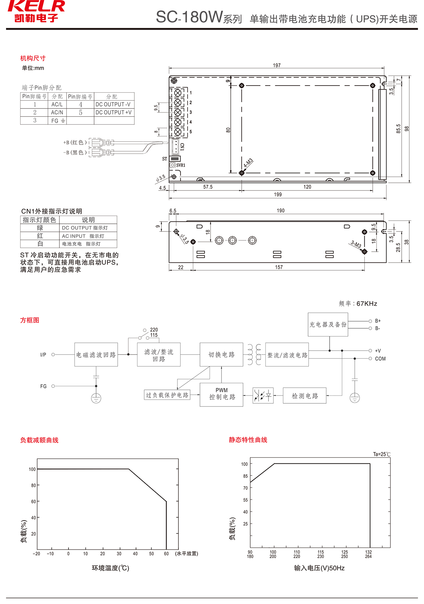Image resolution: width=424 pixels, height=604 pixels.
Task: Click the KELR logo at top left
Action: click(x=36, y=11)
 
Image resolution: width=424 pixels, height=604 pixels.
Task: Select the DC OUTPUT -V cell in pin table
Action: click(x=113, y=104)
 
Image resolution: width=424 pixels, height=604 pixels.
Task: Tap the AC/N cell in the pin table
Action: click(x=57, y=112)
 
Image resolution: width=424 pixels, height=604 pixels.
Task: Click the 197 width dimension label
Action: click(x=277, y=65)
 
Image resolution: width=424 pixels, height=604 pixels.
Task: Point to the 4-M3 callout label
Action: click(x=248, y=163)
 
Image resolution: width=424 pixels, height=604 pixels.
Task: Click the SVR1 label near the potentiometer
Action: click(x=181, y=165)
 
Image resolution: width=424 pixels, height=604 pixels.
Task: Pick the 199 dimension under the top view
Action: click(x=278, y=194)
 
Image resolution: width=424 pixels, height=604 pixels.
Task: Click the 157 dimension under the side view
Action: click(x=279, y=267)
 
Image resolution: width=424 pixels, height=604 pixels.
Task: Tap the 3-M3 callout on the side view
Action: click(x=356, y=244)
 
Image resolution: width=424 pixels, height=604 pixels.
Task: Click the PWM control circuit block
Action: click(x=222, y=394)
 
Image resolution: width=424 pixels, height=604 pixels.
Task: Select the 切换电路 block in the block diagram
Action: click(x=222, y=354)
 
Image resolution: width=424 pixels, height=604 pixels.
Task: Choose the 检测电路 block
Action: click(x=305, y=396)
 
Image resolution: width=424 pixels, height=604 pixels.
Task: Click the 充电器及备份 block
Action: click(x=328, y=324)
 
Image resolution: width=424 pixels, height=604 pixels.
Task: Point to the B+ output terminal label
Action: click(x=378, y=321)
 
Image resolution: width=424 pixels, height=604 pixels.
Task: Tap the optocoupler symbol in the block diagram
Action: click(x=263, y=395)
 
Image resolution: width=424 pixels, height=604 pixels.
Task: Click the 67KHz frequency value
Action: click(x=367, y=304)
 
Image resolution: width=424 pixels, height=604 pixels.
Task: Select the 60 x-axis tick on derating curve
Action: click(x=166, y=553)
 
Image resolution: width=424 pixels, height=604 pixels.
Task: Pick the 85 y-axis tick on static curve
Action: click(x=245, y=476)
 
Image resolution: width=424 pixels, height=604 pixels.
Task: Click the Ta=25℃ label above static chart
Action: click(x=382, y=454)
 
